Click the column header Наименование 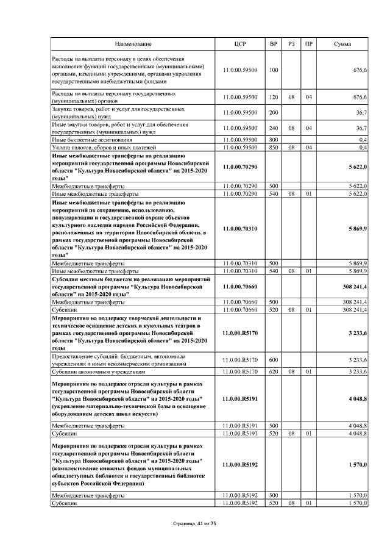click(x=133, y=45)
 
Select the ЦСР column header click(x=240, y=45)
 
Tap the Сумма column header click(x=342, y=45)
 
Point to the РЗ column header click(x=292, y=45)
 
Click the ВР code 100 click(x=273, y=70)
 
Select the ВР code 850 click(x=274, y=148)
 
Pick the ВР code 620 click(x=274, y=371)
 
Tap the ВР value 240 click(x=274, y=128)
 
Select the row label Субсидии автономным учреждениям click(x=99, y=371)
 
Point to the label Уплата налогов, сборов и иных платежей click(x=105, y=148)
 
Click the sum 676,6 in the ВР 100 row click(x=360, y=70)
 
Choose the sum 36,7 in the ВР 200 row click(x=361, y=113)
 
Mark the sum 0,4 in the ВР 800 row click(x=363, y=140)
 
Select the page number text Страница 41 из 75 click(x=195, y=532)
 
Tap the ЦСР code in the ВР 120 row click(x=240, y=97)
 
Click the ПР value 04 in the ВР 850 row click(x=309, y=148)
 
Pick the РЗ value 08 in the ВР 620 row click(x=292, y=371)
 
